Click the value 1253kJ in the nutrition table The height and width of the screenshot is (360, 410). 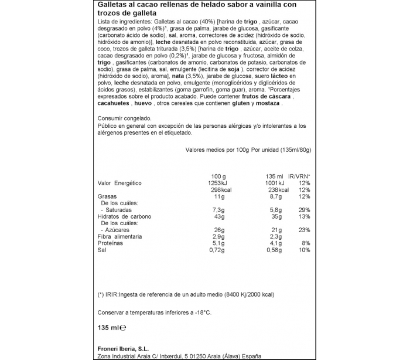point(214,183)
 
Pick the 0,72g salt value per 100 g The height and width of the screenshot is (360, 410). point(215,250)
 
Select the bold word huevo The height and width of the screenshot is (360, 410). point(143,103)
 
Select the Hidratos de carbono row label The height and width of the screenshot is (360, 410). point(124,216)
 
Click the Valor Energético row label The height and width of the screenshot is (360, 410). point(119,183)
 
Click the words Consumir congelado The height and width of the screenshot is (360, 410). point(118,118)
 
